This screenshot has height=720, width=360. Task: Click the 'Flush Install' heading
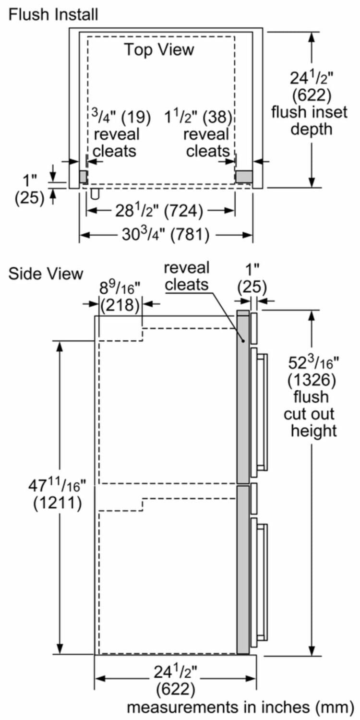(x=53, y=14)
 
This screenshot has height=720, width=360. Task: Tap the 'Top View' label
(x=159, y=49)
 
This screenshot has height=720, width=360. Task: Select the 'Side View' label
(x=46, y=274)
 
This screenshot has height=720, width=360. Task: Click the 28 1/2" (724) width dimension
(x=160, y=210)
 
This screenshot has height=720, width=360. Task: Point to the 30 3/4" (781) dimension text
(x=165, y=235)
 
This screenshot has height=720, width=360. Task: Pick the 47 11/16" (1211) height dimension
(x=57, y=495)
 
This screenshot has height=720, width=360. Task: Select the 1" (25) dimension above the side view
(x=252, y=279)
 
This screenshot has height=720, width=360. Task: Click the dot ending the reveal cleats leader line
(x=244, y=340)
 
